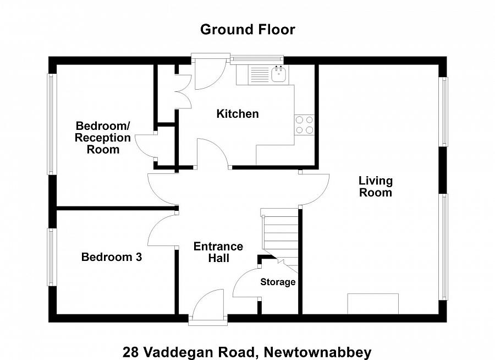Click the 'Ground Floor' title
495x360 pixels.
point(248,29)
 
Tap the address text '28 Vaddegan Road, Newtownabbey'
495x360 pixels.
point(247,351)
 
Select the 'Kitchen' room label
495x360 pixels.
point(237,114)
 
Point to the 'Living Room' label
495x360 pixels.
point(376,187)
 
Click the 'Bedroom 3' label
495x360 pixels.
point(112,257)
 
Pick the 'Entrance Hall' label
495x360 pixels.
point(218,252)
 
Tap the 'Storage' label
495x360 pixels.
point(278,282)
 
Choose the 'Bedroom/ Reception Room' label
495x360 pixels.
point(103,138)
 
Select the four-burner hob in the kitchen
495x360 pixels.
point(304,125)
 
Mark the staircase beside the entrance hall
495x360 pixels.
point(280,239)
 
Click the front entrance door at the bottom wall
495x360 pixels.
point(207,306)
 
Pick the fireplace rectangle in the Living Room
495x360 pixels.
point(372,303)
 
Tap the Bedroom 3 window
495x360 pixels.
point(52,257)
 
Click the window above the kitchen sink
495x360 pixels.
point(256,58)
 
